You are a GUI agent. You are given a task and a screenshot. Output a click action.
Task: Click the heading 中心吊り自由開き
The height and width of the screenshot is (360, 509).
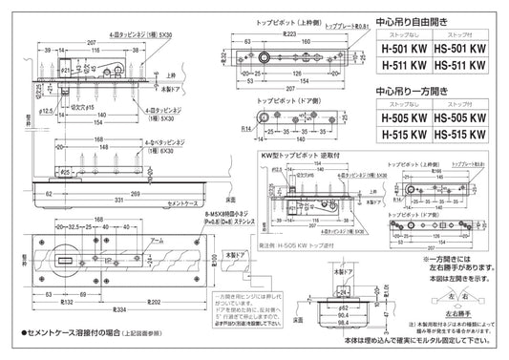point(410,18)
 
